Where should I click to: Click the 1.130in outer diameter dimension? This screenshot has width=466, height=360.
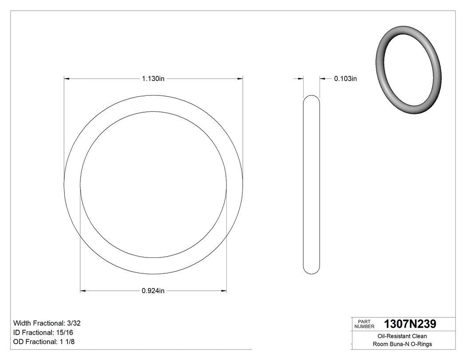coord(153,79)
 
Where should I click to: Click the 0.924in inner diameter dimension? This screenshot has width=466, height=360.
coord(153,291)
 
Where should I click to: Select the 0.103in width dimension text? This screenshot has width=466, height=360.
coord(345,79)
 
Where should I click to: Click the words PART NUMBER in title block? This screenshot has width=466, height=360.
coord(364,324)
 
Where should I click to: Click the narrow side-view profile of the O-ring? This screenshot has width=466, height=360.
coord(311,184)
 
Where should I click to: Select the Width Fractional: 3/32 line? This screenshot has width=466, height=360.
coord(47,323)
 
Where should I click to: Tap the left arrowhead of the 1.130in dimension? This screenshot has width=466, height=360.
coord(67,79)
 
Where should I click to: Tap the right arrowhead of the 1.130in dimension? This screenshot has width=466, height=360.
coord(240,79)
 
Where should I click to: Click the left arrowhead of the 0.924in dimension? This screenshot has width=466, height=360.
coord(83,291)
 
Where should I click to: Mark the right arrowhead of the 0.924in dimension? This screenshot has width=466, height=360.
coord(224,291)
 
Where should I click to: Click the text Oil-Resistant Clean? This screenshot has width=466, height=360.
coord(402,336)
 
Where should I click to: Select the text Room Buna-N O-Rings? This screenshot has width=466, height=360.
coord(402,344)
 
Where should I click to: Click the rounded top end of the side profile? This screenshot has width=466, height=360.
coord(311,99)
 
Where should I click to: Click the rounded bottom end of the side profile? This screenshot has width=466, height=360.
coord(311,270)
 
